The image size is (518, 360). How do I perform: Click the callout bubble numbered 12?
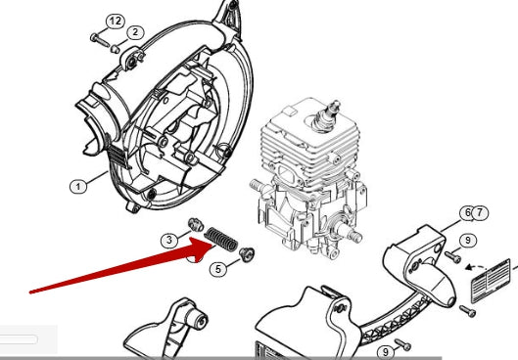[x=116, y=22]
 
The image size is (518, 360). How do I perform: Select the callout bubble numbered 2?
[x=135, y=32]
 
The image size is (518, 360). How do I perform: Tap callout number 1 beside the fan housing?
[x=78, y=187]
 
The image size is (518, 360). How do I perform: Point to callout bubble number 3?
[x=169, y=240]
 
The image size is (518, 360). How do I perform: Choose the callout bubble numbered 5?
[x=218, y=269]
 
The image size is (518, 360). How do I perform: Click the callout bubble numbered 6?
[x=467, y=213]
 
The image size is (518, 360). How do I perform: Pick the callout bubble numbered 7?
[x=480, y=213]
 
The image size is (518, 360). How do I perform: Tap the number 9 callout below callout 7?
[x=467, y=240]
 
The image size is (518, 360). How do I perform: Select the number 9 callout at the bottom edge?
[x=385, y=352]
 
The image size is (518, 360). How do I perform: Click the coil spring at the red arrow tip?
[x=220, y=240]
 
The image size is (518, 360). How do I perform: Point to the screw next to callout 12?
[x=99, y=40]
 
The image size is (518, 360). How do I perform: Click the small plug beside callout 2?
[x=115, y=49]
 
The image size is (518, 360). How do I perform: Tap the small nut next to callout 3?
[x=196, y=224]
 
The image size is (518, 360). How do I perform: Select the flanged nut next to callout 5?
[x=247, y=253]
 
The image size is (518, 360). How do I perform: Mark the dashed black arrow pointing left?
[x=476, y=267]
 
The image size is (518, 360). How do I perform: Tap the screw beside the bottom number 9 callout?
[x=402, y=344]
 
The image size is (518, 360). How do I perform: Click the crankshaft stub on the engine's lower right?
[x=353, y=234]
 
